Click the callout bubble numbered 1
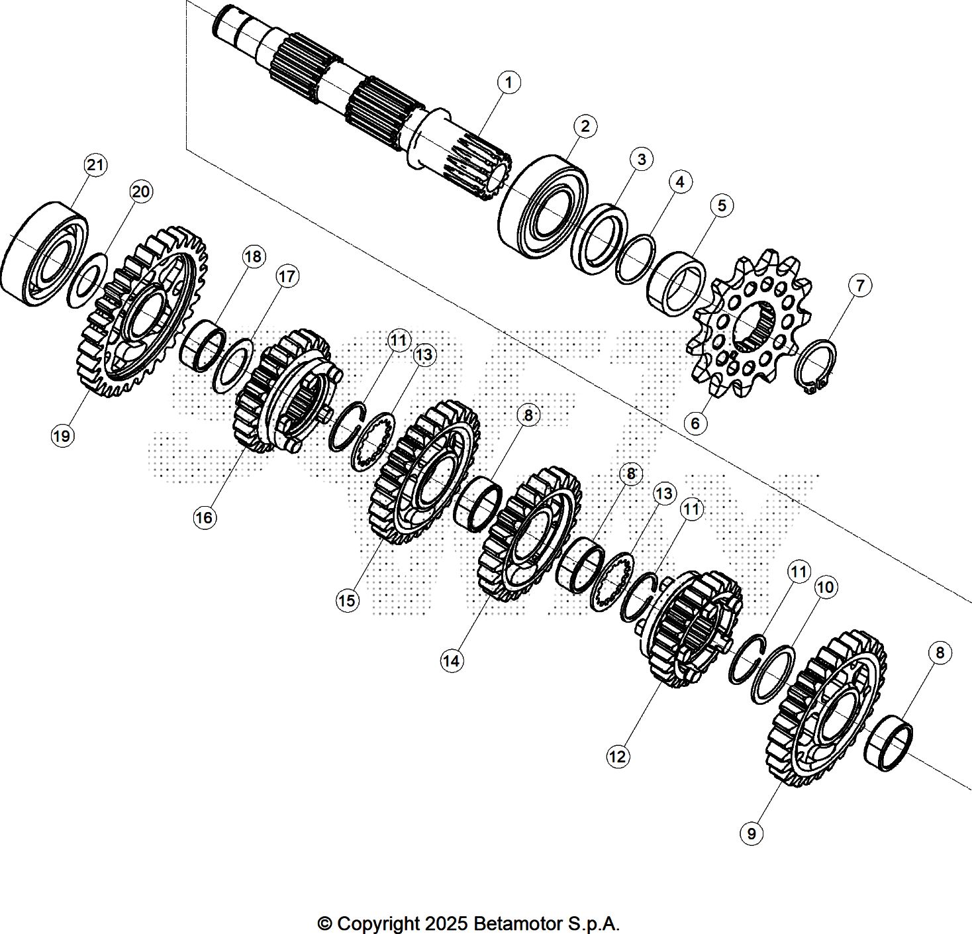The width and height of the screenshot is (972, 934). (x=509, y=83)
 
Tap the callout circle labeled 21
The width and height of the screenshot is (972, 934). (x=96, y=165)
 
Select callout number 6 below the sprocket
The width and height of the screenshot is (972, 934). (x=695, y=423)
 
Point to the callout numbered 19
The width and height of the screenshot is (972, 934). (x=62, y=436)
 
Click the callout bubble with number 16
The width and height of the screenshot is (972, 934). (x=204, y=517)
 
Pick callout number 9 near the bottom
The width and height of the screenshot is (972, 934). (x=751, y=833)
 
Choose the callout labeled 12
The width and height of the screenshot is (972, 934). (x=617, y=756)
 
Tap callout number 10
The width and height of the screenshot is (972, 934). (x=825, y=587)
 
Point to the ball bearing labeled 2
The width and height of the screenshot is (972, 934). (x=543, y=207)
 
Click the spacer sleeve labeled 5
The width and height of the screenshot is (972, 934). (x=675, y=283)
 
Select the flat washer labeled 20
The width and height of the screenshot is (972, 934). (x=87, y=280)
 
